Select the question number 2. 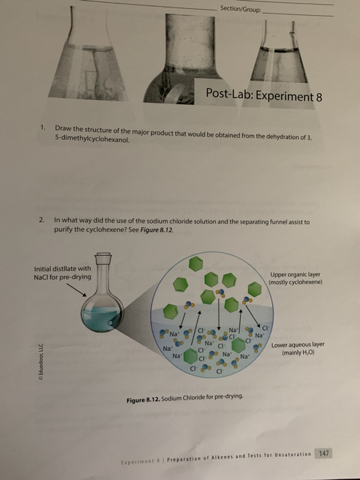pos(42,221)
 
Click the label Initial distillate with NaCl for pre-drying pos(62,272)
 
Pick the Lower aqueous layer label pos(300,349)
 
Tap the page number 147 pos(324,453)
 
